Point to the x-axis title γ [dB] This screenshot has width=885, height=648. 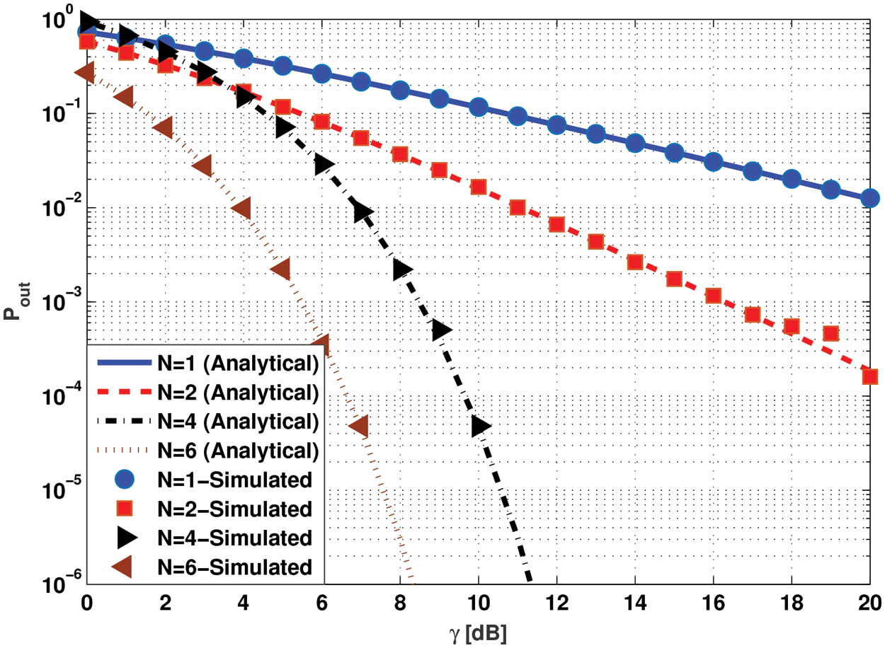[x=479, y=632]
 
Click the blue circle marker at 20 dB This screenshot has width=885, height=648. [x=870, y=199]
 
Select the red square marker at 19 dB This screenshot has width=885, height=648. [x=830, y=333]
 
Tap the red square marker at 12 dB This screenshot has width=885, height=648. [x=556, y=224]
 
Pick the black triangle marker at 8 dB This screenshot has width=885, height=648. [x=402, y=270]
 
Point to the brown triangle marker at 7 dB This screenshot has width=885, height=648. [x=359, y=427]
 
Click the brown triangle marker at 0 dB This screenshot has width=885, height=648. [x=85, y=72]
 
